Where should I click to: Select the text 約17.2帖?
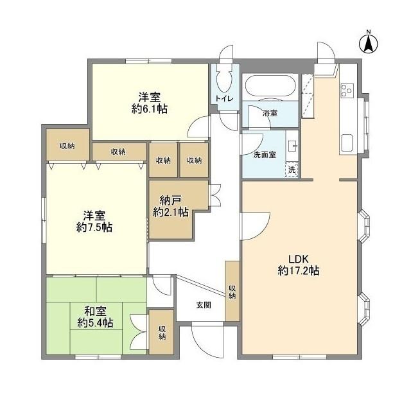(299, 271)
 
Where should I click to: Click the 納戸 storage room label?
(170, 199)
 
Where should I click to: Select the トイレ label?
(223, 98)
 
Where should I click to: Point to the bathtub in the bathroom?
(270, 87)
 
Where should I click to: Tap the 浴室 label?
(270, 113)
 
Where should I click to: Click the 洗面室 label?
(263, 154)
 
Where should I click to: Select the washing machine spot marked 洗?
(292, 170)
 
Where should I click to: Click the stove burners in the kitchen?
(347, 91)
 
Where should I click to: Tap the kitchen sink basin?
(347, 143)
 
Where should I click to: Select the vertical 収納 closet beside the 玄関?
(232, 291)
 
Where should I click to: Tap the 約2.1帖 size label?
(170, 211)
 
